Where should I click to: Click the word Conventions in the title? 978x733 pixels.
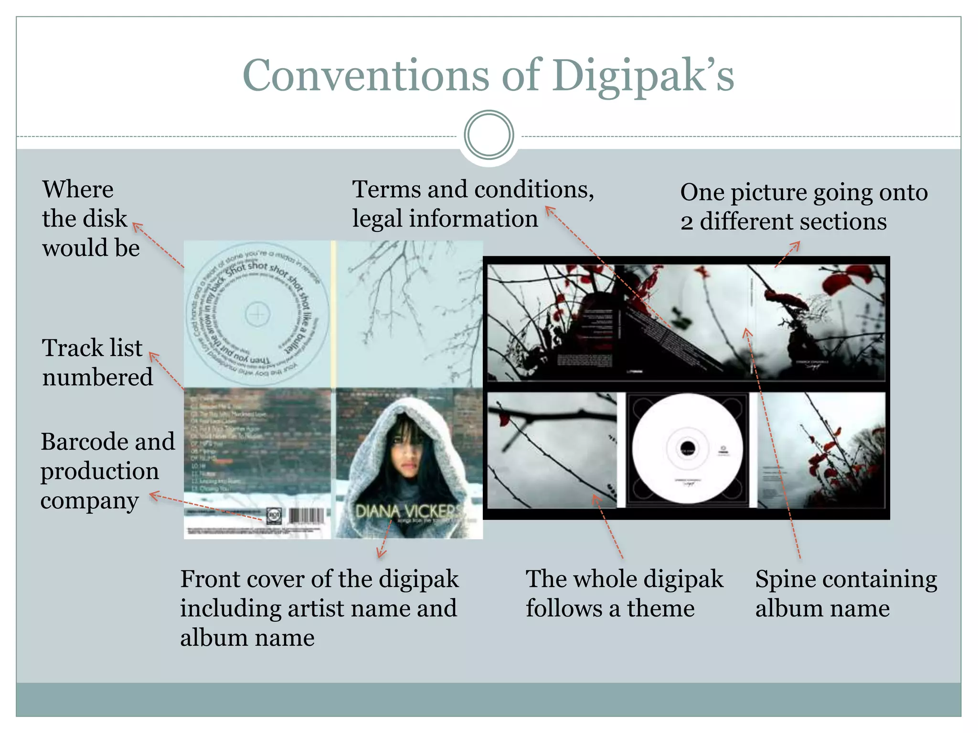pos(365,75)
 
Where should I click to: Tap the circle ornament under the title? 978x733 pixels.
pos(489,135)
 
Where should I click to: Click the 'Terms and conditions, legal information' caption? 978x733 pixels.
pos(472,204)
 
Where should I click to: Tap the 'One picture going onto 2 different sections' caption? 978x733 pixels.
pos(804,207)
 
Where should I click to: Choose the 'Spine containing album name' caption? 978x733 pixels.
pos(846,593)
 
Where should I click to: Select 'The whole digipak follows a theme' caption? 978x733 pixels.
pos(624,593)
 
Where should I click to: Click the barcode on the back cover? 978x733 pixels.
pos(306,516)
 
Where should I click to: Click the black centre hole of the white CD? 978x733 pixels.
pos(687,449)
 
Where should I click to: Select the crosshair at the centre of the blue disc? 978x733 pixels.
pos(257,314)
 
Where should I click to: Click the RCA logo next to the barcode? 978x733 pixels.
pos(275,516)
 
